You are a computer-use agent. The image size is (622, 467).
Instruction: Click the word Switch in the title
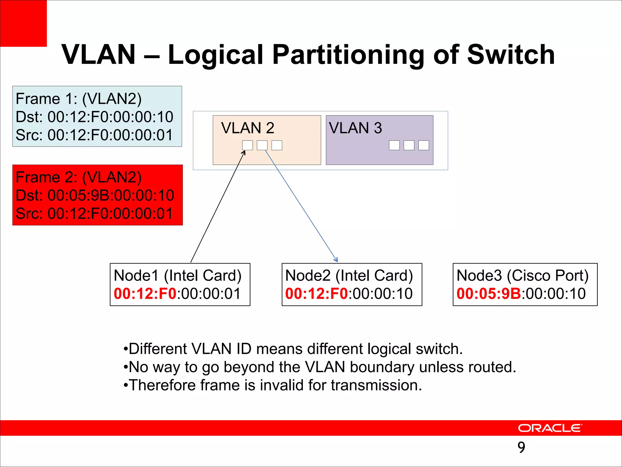[x=511, y=55]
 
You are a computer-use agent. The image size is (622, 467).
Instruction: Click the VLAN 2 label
[x=248, y=128]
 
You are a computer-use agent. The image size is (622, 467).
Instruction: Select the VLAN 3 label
[x=355, y=128]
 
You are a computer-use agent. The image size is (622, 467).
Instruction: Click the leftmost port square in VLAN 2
[x=247, y=145]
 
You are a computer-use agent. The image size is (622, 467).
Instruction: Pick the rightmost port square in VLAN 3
[x=423, y=145]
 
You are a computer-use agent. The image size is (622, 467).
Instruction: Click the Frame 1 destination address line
[x=94, y=117]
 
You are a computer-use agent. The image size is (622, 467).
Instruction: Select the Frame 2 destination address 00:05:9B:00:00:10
[x=111, y=195]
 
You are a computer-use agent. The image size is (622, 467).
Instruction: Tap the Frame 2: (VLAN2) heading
[x=78, y=177]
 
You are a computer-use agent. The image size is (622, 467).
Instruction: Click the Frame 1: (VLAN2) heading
[x=78, y=99]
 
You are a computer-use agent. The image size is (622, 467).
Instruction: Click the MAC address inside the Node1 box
[x=177, y=294]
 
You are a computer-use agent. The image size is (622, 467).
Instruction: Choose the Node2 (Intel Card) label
[x=349, y=275]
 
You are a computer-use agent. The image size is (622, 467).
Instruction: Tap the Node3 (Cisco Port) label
[x=522, y=275]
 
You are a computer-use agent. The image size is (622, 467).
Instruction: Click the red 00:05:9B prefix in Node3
[x=489, y=294]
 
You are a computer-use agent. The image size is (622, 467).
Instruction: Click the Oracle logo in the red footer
[x=550, y=428]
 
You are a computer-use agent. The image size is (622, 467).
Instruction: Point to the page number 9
[x=521, y=447]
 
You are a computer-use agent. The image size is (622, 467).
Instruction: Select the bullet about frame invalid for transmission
[x=273, y=385]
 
